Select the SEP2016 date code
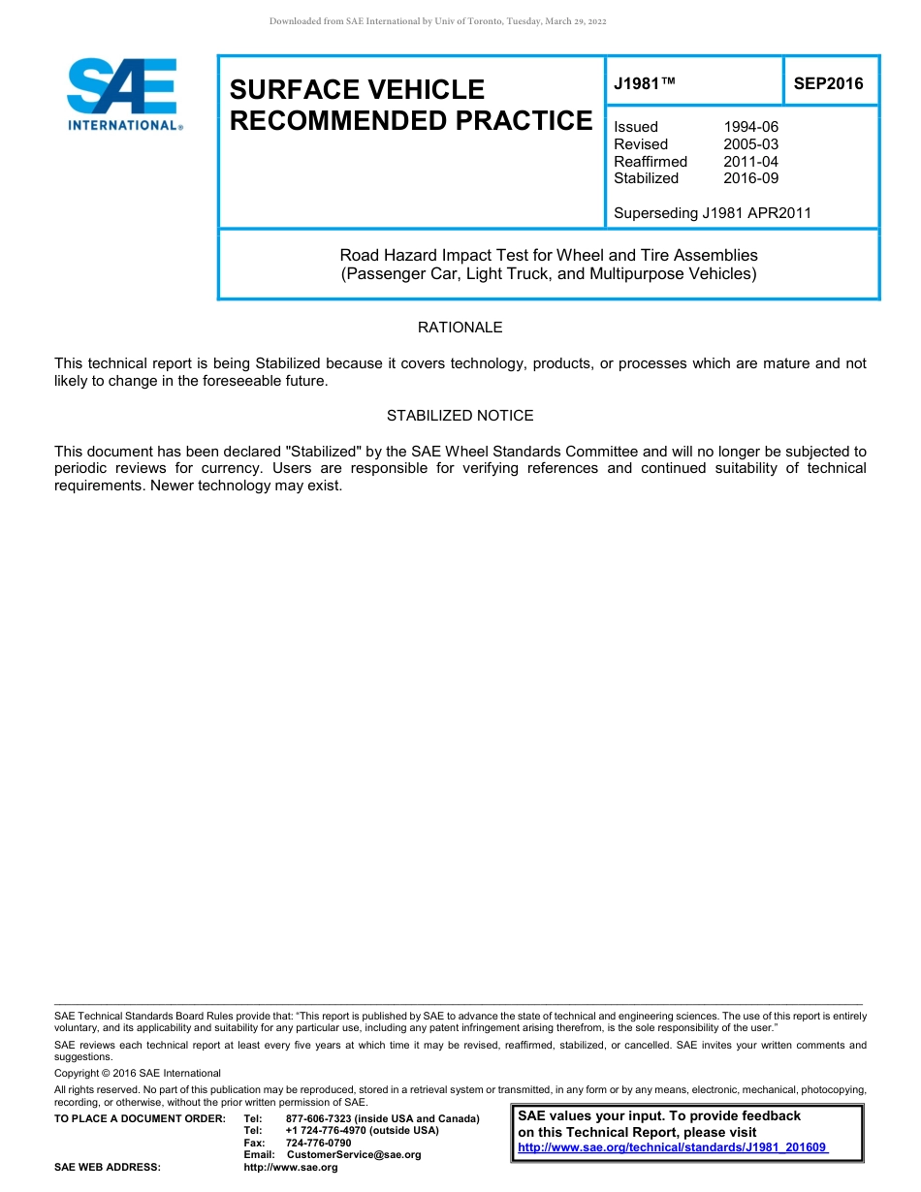pos(828,84)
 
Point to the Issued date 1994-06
pos(750,127)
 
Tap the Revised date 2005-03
pos(750,144)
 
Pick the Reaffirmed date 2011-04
pos(750,162)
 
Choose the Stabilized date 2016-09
pos(750,178)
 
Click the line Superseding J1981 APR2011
pos(713,213)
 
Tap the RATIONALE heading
pos(460,328)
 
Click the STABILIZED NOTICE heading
pos(460,416)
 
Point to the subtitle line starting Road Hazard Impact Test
pos(549,256)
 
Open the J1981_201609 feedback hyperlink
pos(673,1148)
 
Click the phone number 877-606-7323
pos(320,1119)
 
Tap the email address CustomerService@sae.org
pos(354,1155)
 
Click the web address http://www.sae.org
pos(291,1168)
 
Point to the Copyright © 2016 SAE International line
pos(138,1074)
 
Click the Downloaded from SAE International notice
pos(437,21)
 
